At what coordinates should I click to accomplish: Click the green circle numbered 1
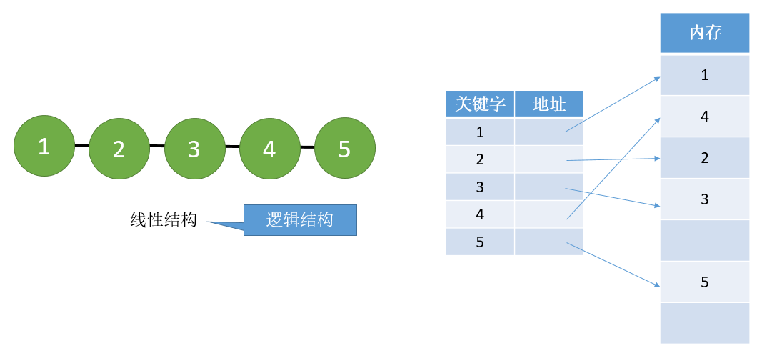pyautogui.click(x=44, y=146)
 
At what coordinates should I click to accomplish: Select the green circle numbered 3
pyautogui.click(x=194, y=148)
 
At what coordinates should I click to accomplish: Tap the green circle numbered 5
pyautogui.click(x=345, y=148)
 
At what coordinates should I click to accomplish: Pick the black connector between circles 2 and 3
pyautogui.click(x=156, y=146)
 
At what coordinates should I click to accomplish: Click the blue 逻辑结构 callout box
pyautogui.click(x=300, y=219)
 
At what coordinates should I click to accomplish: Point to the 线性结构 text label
pyautogui.click(x=164, y=219)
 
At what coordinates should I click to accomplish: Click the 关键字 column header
pyautogui.click(x=480, y=104)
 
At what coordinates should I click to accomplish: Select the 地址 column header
pyautogui.click(x=549, y=104)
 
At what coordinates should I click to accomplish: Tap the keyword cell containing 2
pyautogui.click(x=480, y=159)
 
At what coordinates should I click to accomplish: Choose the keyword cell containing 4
pyautogui.click(x=480, y=214)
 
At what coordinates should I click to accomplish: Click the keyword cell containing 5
pyautogui.click(x=480, y=242)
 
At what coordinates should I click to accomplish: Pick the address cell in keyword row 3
pyautogui.click(x=549, y=187)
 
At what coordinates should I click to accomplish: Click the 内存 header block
pyautogui.click(x=705, y=33)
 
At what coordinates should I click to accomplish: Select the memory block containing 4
pyautogui.click(x=705, y=117)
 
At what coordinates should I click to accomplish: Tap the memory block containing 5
pyautogui.click(x=705, y=282)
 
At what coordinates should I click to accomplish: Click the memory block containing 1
pyautogui.click(x=705, y=75)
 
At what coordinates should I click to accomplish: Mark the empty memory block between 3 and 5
pyautogui.click(x=705, y=240)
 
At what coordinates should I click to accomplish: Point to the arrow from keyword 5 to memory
pyautogui.click(x=613, y=264)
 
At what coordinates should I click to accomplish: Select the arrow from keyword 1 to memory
pyautogui.click(x=613, y=104)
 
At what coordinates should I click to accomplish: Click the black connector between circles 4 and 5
pyautogui.click(x=307, y=147)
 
